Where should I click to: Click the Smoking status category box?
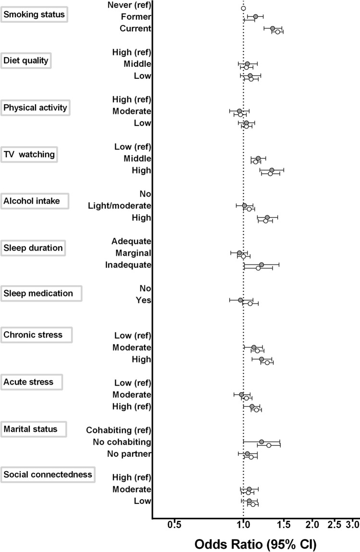pyautogui.click(x=34, y=14)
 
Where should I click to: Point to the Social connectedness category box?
pyautogui.click(x=48, y=475)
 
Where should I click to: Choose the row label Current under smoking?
pyautogui.click(x=136, y=28)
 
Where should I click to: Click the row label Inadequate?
pyautogui.click(x=128, y=265)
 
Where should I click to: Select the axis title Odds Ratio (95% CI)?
pyautogui.click(x=255, y=542)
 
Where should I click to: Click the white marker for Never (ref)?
pyautogui.click(x=243, y=8)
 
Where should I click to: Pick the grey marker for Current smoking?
pyautogui.click(x=273, y=29)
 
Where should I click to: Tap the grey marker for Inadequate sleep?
pyautogui.click(x=261, y=264)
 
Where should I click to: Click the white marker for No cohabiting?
pyautogui.click(x=269, y=445)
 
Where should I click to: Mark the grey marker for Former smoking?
pyautogui.click(x=255, y=17)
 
